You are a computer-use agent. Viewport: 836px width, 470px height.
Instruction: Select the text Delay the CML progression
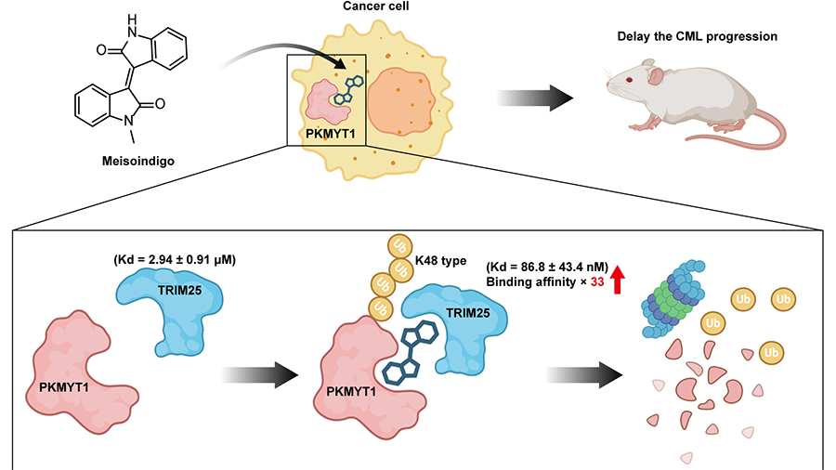point(697,38)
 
